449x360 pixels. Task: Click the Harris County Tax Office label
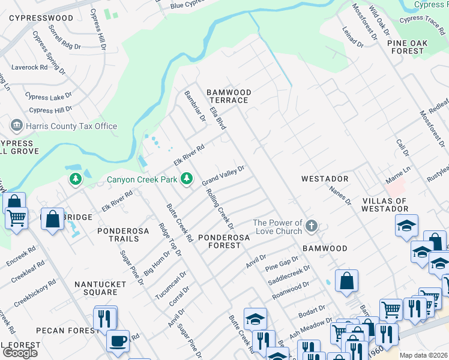[72, 126]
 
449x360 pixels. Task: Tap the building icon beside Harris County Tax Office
[17, 126]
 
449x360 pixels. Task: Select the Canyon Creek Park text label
[142, 179]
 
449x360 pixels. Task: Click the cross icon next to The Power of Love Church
[311, 226]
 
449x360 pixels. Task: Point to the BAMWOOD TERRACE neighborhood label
[229, 97]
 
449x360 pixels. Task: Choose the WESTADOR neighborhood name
[325, 179]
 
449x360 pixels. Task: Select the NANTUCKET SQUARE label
[96, 288]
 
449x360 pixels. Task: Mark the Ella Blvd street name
[217, 115]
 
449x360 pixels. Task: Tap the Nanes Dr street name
[340, 195]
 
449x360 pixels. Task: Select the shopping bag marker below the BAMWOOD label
[347, 281]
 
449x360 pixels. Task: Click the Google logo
[20, 353]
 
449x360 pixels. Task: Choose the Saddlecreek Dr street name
[288, 275]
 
